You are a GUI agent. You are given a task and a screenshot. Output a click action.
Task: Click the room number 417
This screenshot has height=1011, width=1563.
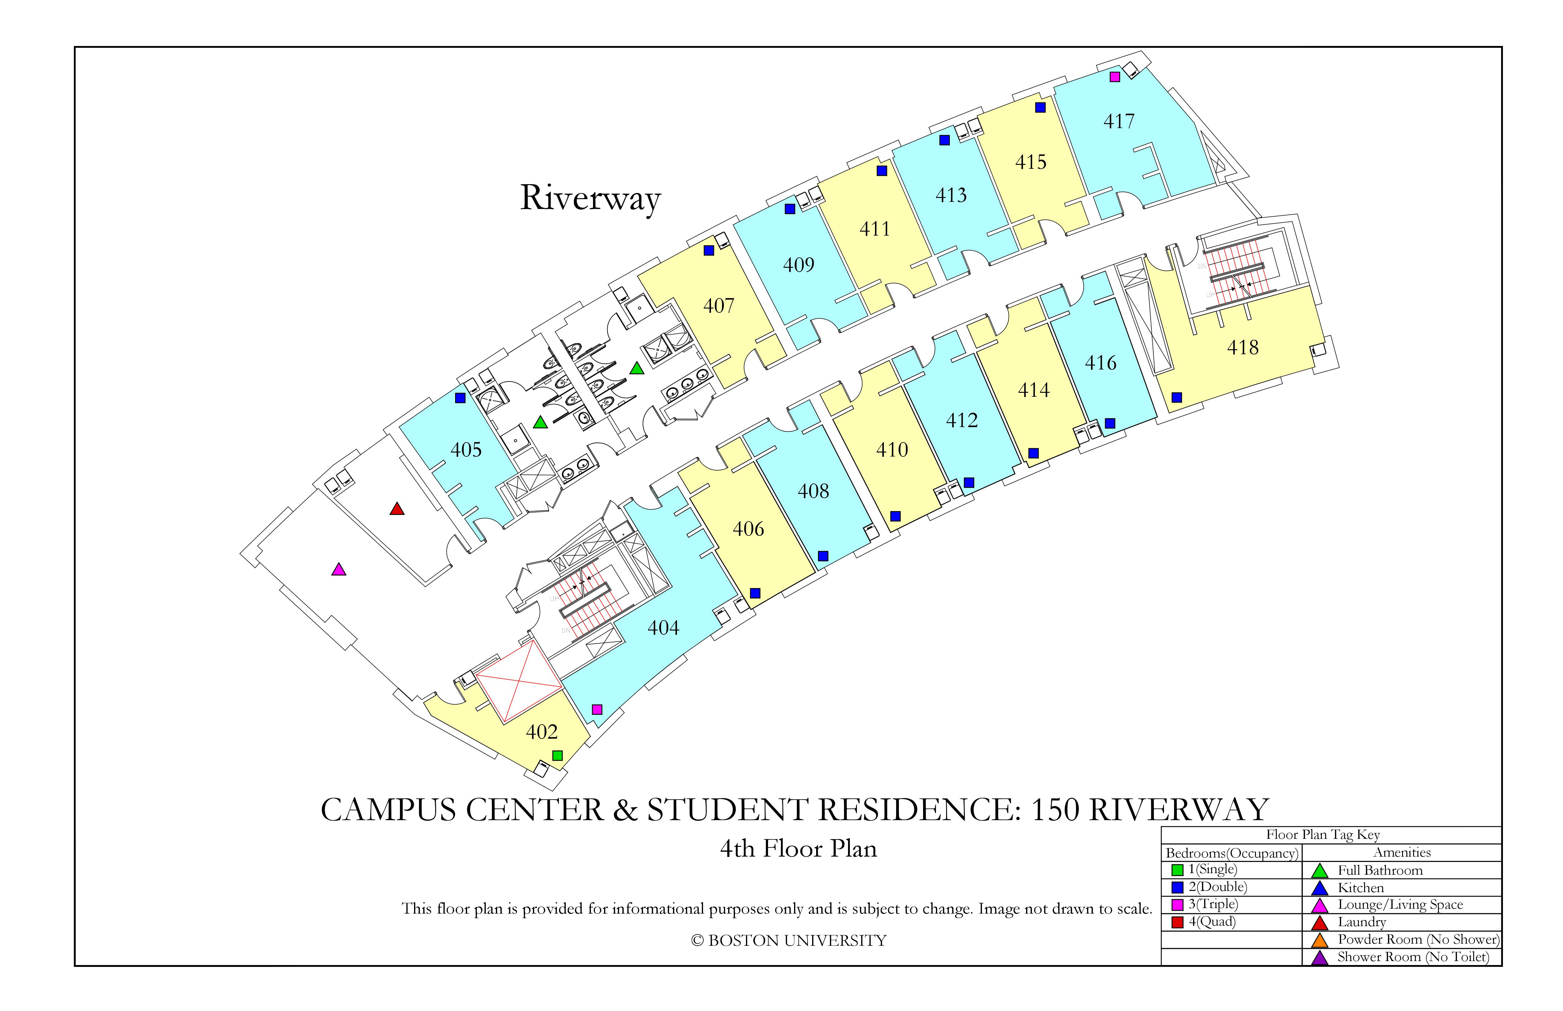pos(1118,121)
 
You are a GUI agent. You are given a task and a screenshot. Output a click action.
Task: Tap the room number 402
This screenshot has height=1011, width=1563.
pos(542,732)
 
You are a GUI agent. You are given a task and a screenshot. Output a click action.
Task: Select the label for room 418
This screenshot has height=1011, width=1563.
pos(1242,347)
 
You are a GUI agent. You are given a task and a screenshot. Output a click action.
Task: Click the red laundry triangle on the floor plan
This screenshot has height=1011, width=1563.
pos(397,509)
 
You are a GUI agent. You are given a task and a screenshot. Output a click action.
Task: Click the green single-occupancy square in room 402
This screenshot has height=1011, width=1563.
pos(557,755)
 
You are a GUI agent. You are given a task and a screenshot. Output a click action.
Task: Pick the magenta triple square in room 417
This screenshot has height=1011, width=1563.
pos(1114,77)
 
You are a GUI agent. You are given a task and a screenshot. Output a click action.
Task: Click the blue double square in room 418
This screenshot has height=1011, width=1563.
pos(1177,397)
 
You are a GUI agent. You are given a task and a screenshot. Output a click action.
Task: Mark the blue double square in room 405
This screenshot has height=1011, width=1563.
pos(460,398)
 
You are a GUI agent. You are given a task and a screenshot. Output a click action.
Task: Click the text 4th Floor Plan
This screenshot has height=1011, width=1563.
pos(799,849)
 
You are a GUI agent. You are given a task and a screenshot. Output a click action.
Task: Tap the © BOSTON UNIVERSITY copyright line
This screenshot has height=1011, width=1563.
pos(789,941)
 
